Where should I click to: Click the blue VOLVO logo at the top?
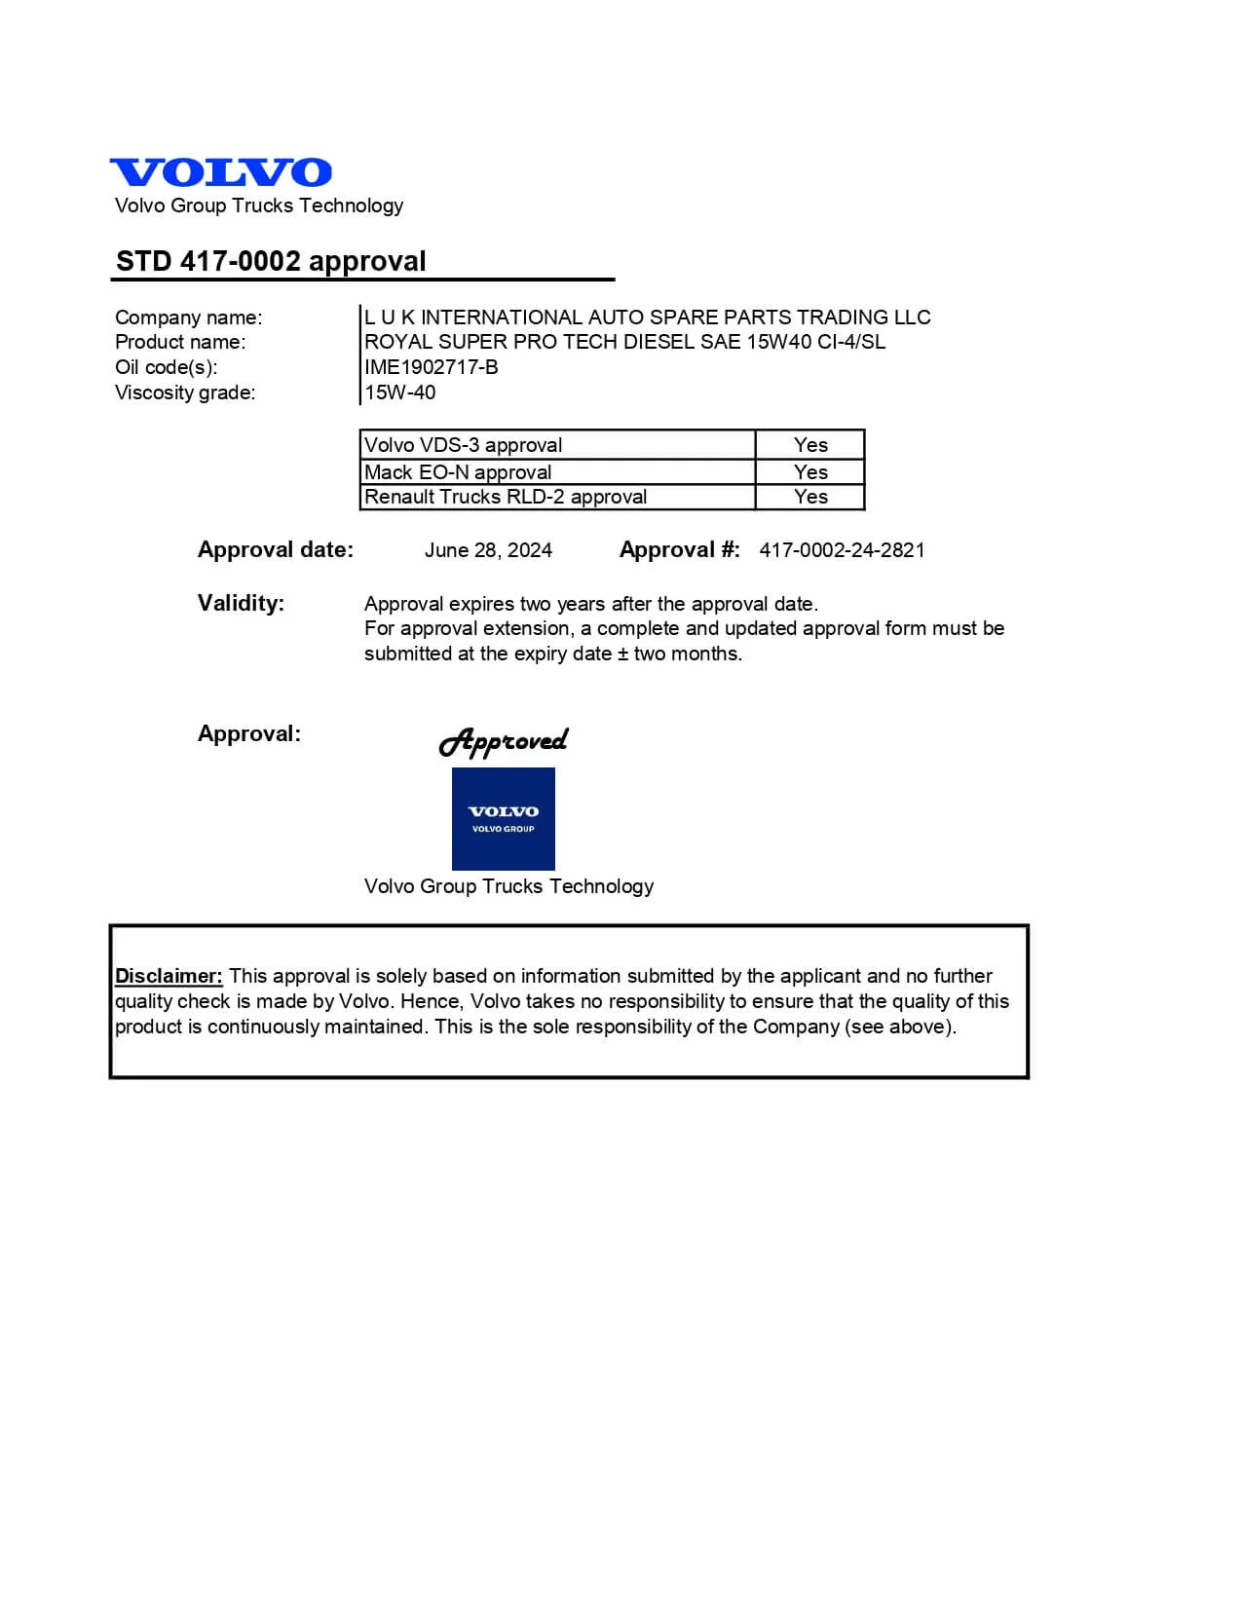221,172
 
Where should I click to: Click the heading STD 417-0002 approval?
271,261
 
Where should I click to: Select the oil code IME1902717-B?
431,367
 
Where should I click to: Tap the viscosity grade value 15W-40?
399,392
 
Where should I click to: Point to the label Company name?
188,318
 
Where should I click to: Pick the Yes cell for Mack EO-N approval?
810,472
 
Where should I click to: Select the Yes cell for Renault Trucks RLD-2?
810,497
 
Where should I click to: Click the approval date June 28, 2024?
488,550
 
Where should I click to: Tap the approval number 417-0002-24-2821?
842,550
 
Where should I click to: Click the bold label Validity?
241,603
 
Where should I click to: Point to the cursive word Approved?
503,742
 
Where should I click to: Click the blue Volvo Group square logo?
503,819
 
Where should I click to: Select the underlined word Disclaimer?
169,976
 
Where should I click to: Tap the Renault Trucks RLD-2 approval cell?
505,497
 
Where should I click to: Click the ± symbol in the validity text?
622,654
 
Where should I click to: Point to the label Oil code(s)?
166,367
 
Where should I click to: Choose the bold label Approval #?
679,550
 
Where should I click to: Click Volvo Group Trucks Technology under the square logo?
508,886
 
